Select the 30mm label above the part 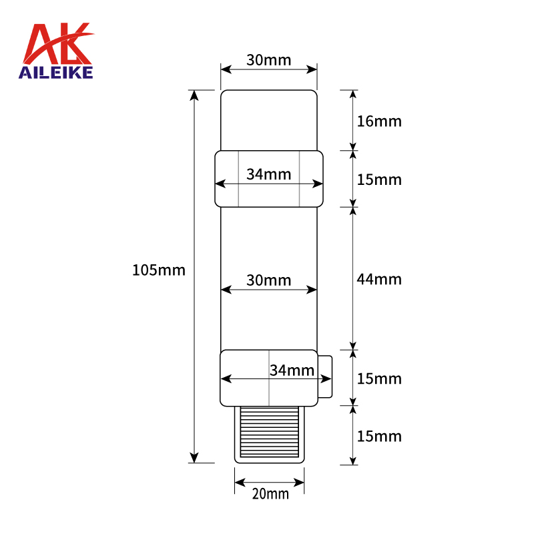[268, 60]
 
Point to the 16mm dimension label [379, 121]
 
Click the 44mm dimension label [379, 279]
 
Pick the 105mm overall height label [159, 270]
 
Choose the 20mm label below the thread [270, 494]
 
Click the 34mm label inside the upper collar [268, 174]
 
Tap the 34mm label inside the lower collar [292, 370]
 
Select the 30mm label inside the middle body [268, 280]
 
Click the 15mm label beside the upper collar [379, 180]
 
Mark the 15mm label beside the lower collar [379, 378]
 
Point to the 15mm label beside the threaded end [379, 436]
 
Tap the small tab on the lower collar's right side [324, 378]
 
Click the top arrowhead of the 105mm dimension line [194, 95]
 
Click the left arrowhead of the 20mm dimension [239, 482]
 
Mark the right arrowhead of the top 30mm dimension [312, 69]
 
